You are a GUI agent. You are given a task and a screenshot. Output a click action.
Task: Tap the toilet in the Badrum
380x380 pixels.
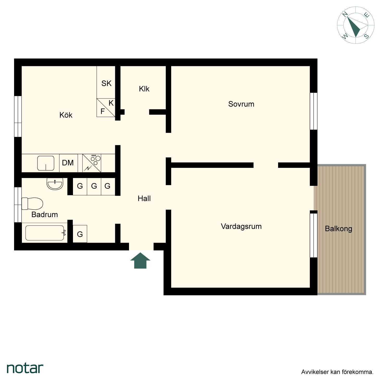[32, 204]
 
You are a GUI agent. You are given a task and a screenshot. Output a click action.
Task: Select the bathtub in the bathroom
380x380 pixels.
[45, 233]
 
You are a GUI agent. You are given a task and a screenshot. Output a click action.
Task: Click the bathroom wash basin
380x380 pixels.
[55, 184]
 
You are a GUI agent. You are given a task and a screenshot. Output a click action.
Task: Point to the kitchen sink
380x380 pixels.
[46, 163]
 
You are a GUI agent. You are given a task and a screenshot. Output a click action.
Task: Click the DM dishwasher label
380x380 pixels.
[68, 163]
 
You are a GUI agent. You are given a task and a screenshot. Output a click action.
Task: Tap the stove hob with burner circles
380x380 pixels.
[92, 163]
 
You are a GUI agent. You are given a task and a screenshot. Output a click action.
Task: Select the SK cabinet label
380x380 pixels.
[106, 83]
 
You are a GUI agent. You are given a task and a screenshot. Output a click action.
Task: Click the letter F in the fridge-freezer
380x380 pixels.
[102, 111]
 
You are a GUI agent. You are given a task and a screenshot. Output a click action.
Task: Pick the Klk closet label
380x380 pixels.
[144, 89]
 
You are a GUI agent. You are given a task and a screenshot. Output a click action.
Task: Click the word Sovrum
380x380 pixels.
[241, 104]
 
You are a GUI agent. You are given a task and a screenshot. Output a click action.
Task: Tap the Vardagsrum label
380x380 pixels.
[241, 226]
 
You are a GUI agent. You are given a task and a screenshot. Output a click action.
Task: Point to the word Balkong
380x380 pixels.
[338, 229]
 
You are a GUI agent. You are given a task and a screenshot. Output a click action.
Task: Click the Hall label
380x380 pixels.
[144, 198]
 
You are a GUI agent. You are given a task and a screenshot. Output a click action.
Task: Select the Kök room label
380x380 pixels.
[66, 115]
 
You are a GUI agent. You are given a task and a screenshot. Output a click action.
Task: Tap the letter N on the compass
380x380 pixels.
[345, 14]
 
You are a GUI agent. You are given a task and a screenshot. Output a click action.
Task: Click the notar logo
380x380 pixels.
[25, 368]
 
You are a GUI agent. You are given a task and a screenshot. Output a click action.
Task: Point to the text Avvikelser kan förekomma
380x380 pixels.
[337, 372]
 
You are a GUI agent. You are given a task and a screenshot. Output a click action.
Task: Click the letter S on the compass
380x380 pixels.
[366, 36]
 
